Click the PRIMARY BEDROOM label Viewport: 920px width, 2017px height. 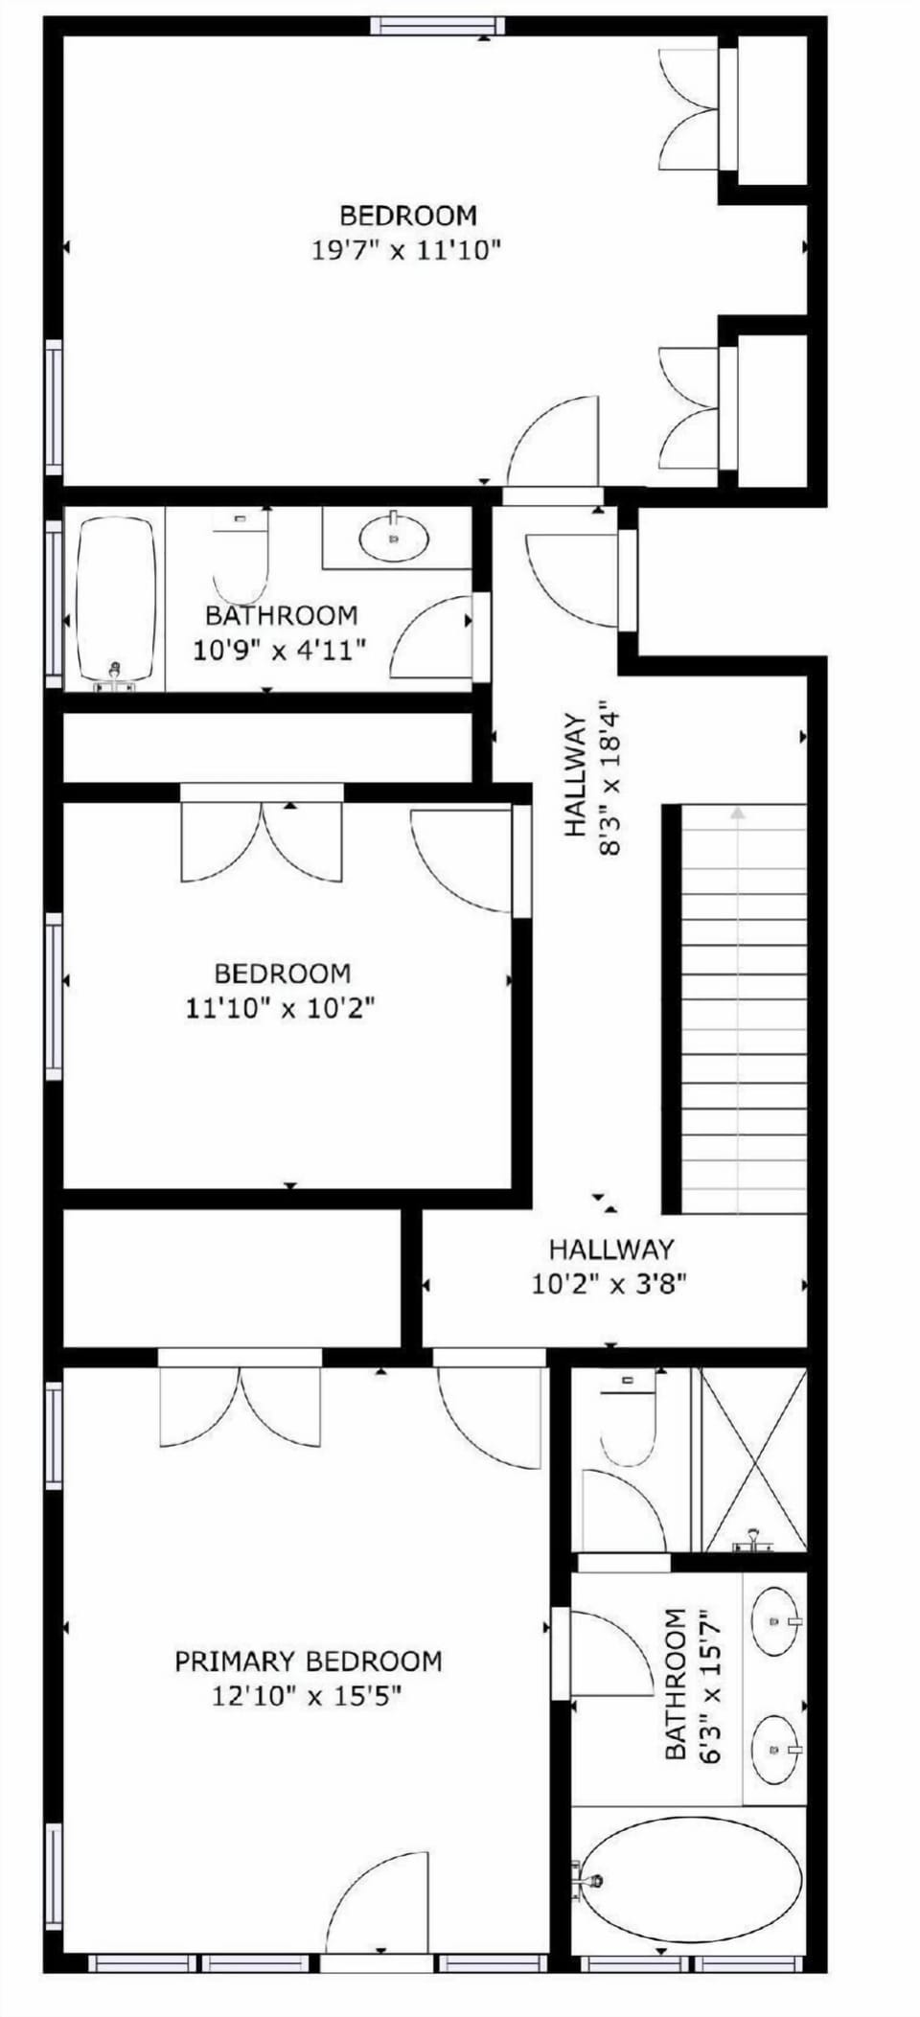point(308,1661)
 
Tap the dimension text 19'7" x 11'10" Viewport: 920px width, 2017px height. point(406,251)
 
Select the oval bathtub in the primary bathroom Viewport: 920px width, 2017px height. point(690,1879)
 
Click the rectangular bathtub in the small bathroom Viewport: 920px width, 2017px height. point(115,599)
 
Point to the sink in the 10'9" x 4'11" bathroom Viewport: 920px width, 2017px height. point(394,538)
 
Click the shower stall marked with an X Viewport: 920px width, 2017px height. point(753,1456)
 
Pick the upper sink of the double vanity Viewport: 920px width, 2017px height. point(775,1621)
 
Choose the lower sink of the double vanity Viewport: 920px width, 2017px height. point(775,1749)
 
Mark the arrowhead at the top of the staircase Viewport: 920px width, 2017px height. point(737,813)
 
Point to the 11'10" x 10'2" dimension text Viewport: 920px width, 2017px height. point(280,1008)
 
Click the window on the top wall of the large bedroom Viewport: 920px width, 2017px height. point(437,25)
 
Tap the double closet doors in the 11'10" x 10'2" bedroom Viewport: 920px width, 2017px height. point(262,841)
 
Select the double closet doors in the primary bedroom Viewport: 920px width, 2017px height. point(240,1405)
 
